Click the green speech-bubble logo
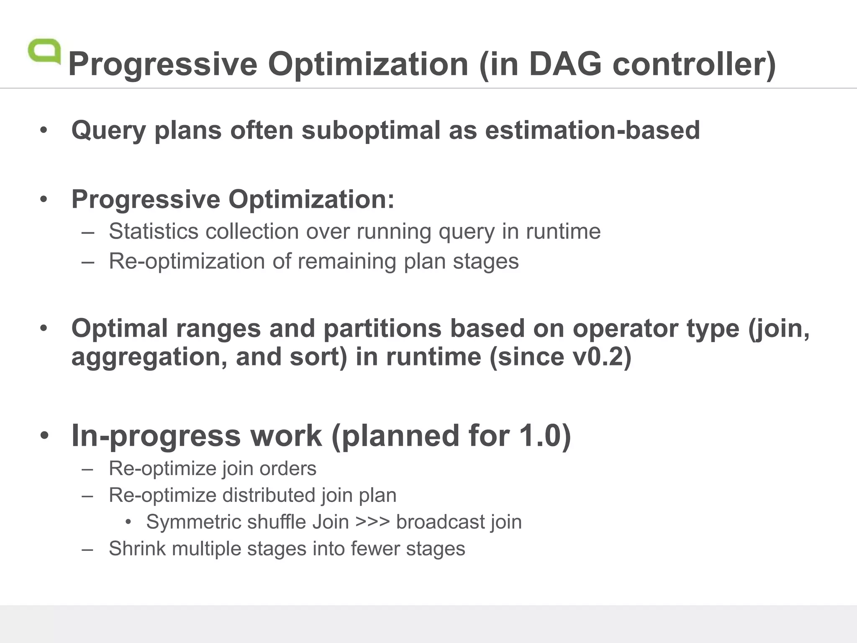pos(44,51)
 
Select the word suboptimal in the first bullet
pos(371,130)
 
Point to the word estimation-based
pos(592,130)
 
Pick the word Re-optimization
pos(187,261)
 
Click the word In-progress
pos(156,436)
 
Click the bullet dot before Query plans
pos(44,130)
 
